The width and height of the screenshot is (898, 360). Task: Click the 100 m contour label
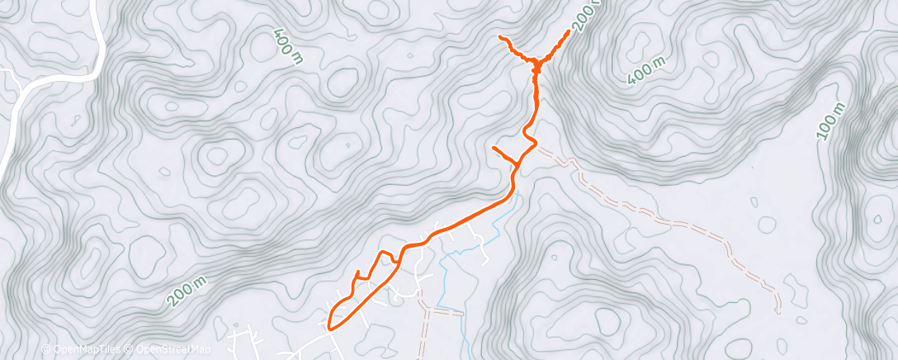834,121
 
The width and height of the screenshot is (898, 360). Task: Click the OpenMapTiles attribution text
83,349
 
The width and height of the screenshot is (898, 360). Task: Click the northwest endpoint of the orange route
500,37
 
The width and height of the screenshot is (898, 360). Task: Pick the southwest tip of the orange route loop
330,326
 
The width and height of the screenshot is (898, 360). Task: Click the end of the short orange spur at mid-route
494,147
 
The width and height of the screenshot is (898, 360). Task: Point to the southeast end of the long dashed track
778,312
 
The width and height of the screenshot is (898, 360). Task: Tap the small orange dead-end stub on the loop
357,272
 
